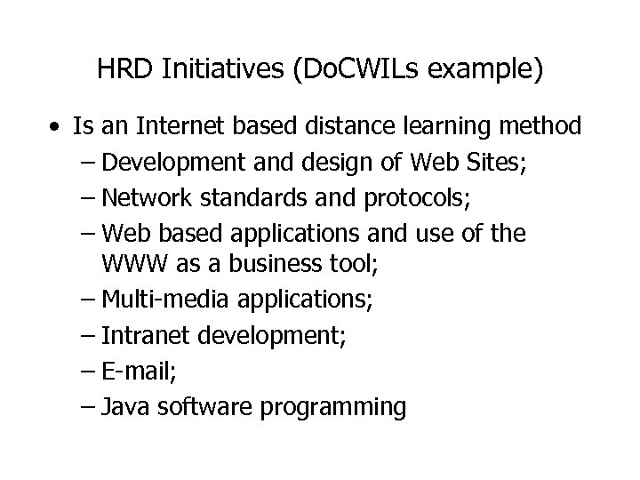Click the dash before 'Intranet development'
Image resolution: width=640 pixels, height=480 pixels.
(x=86, y=335)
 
